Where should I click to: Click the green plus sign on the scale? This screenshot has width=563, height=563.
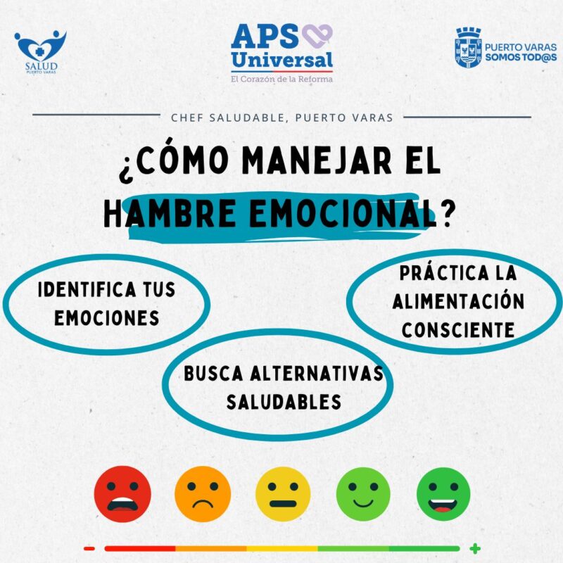click(x=475, y=548)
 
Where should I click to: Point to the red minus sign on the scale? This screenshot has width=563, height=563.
click(x=89, y=548)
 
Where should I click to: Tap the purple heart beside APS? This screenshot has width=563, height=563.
click(x=317, y=36)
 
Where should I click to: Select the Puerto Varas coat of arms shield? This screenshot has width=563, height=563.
click(x=468, y=48)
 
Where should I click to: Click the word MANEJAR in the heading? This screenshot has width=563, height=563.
click(x=316, y=162)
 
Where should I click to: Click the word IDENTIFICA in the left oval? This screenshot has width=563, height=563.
click(x=87, y=290)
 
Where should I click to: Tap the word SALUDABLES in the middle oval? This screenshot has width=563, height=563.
click(x=284, y=402)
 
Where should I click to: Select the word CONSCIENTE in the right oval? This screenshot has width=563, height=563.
click(x=458, y=330)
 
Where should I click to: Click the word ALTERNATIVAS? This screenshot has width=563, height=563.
click(x=317, y=374)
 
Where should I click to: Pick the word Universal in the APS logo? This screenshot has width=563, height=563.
click(x=282, y=60)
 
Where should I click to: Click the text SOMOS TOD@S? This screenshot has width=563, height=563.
click(x=521, y=57)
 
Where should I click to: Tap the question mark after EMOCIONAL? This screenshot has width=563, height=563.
click(x=446, y=215)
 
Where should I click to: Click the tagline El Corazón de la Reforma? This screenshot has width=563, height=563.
click(x=282, y=79)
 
